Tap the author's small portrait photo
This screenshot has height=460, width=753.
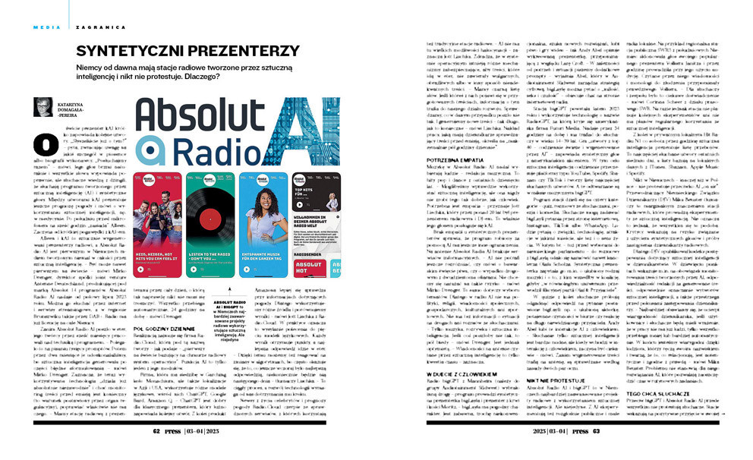coord(43,109)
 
